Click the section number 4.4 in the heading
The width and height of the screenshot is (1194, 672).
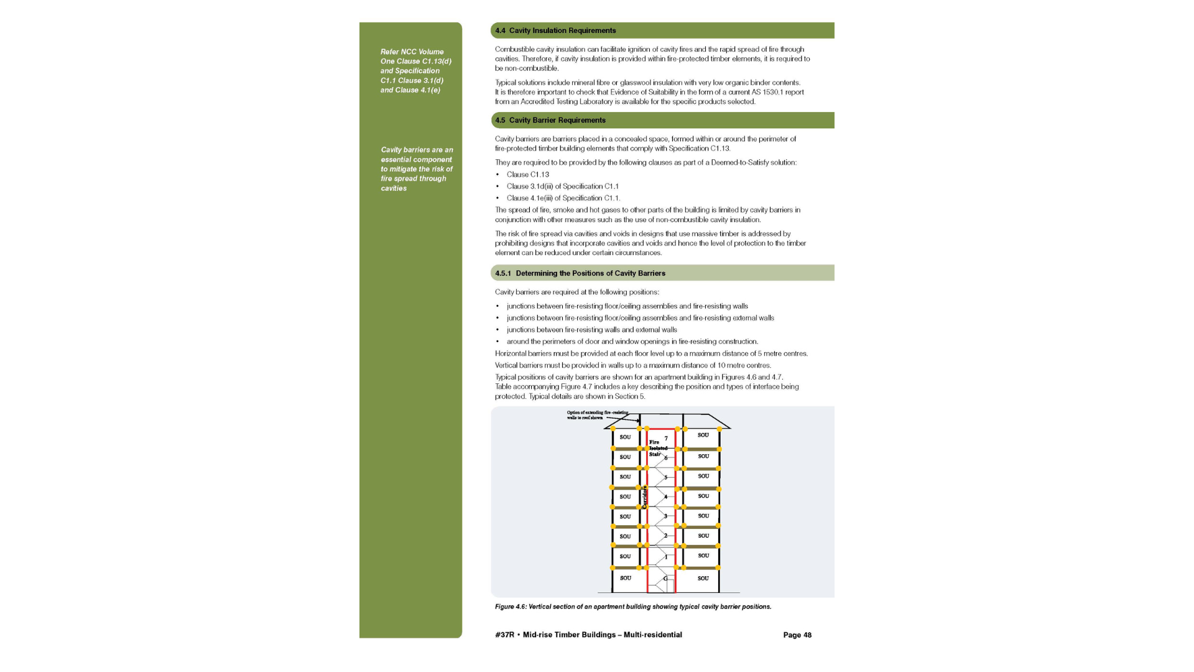point(500,30)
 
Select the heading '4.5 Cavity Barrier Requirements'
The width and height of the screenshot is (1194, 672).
point(550,120)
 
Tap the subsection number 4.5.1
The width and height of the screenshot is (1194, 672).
point(502,273)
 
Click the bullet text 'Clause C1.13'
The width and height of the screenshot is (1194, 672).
point(527,175)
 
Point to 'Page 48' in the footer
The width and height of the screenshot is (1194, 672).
point(797,635)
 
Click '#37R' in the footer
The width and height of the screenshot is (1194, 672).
point(504,635)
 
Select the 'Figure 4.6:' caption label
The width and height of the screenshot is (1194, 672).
point(511,607)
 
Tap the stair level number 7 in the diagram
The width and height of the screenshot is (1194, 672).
point(666,438)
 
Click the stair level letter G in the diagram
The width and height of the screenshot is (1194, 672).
point(665,578)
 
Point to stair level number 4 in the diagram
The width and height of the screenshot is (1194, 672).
point(665,497)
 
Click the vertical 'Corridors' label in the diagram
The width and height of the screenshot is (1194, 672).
point(644,497)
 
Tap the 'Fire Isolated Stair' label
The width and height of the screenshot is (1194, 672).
point(657,448)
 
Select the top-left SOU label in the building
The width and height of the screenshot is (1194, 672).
point(625,437)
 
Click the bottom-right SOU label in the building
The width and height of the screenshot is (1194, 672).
point(703,578)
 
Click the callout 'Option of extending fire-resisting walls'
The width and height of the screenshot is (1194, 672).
point(597,415)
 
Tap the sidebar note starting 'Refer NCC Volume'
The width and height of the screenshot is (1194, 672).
point(416,71)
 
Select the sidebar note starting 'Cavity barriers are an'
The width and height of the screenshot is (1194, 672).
point(417,169)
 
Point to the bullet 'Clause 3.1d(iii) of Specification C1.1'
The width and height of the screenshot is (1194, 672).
point(562,187)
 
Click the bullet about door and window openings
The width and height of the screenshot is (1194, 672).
point(632,342)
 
